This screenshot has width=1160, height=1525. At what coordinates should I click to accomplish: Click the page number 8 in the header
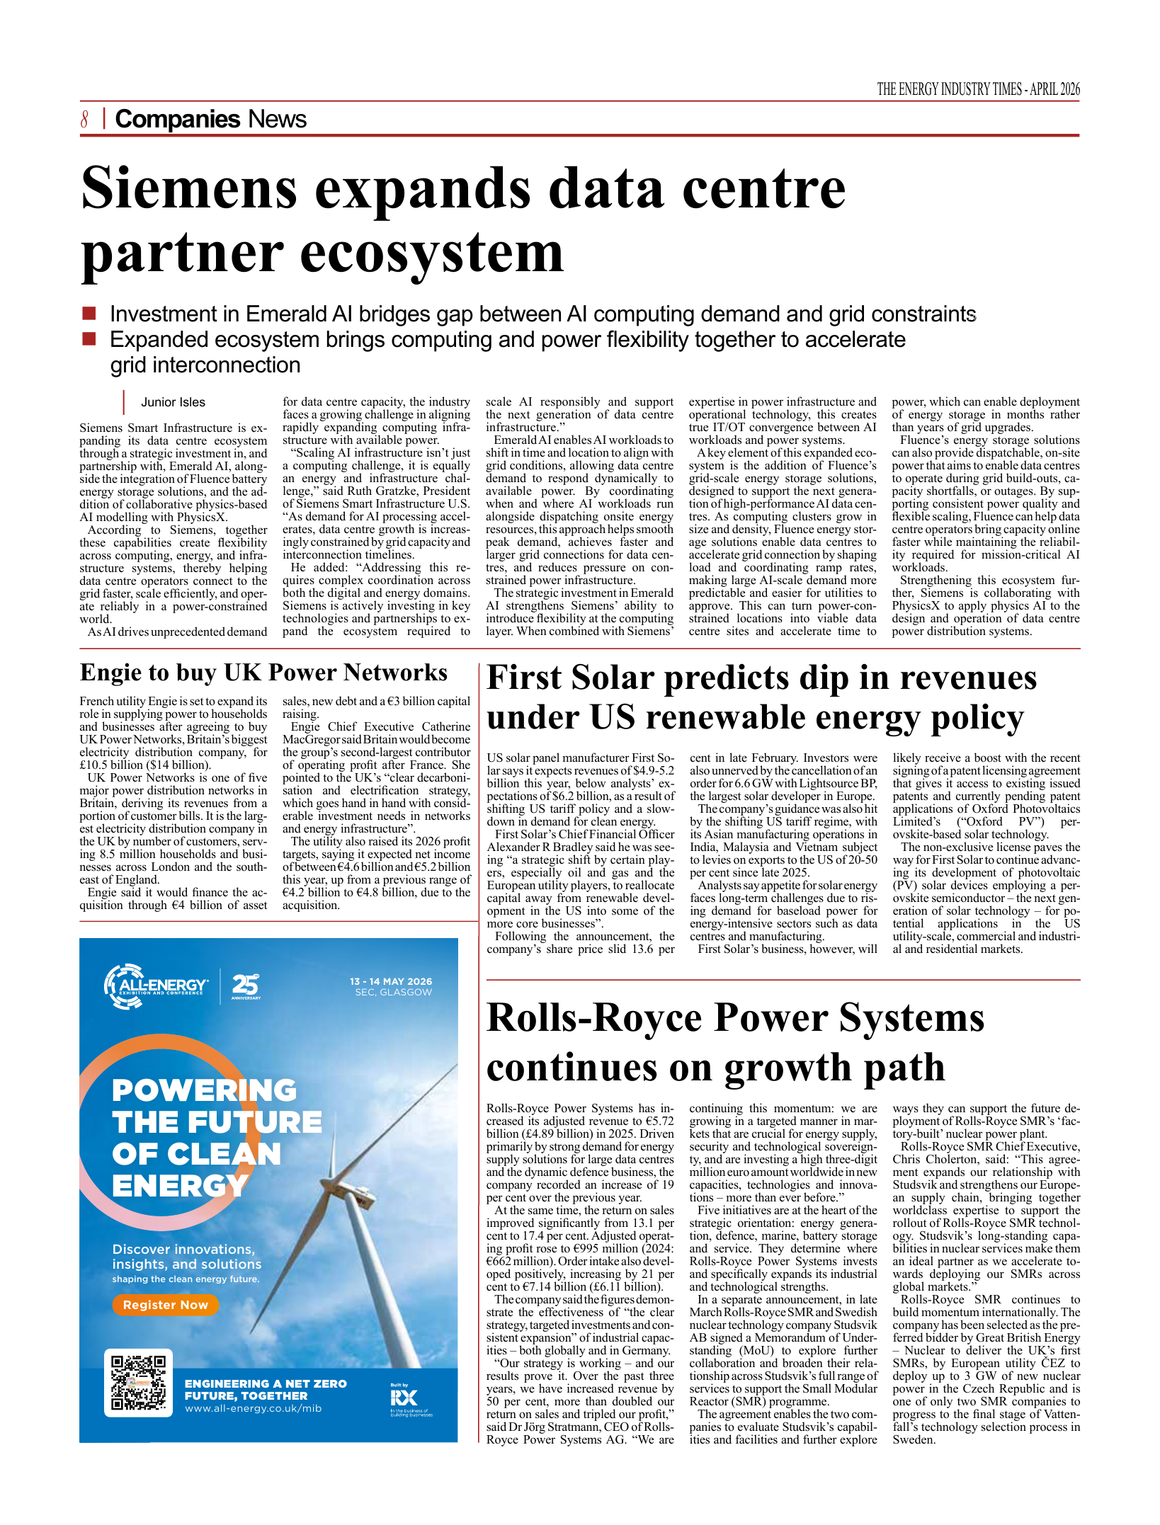click(x=84, y=119)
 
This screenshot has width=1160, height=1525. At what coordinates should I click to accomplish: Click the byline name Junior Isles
click(x=173, y=402)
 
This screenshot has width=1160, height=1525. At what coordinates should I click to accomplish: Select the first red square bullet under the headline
click(x=89, y=313)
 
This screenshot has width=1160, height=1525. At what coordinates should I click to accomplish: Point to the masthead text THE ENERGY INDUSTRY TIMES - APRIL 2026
click(x=978, y=89)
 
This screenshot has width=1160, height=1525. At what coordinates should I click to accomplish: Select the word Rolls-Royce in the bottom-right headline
click(x=593, y=1018)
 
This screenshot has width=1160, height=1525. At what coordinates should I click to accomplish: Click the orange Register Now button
click(x=165, y=1305)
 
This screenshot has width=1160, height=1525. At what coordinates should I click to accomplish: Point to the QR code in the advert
click(x=138, y=1383)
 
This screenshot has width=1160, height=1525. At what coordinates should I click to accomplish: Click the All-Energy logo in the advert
click(x=157, y=986)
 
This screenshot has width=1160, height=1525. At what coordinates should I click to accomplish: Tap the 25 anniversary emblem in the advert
click(x=245, y=986)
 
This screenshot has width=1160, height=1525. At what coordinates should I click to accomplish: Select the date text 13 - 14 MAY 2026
click(x=390, y=981)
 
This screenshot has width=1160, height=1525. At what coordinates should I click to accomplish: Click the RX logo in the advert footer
click(x=404, y=1397)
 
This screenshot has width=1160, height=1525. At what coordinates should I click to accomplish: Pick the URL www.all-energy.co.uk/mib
click(x=253, y=1408)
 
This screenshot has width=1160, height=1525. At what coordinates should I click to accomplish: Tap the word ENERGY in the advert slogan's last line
click(x=180, y=1186)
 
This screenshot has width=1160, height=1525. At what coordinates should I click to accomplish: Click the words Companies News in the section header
click(x=210, y=119)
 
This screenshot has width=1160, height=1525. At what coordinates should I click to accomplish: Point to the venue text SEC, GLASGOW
click(x=393, y=993)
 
